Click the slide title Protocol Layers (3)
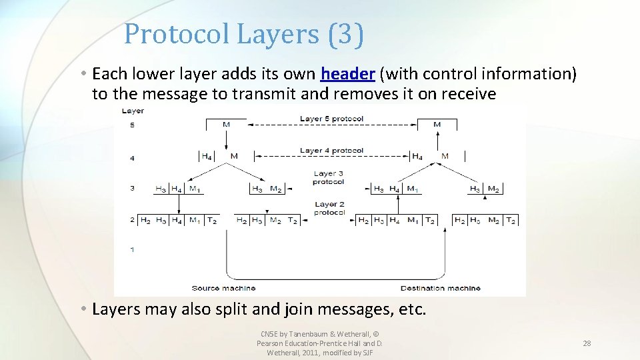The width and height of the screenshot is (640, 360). tap(244, 34)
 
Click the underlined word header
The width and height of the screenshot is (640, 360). tap(347, 73)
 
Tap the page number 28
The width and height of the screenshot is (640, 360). tap(587, 343)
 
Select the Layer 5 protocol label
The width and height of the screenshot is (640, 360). tap(331, 119)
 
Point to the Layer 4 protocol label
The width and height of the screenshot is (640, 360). tap(331, 151)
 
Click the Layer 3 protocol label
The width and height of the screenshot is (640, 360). tap(329, 178)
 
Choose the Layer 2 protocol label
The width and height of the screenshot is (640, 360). tap(329, 209)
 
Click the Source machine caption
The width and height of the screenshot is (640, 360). tap(223, 288)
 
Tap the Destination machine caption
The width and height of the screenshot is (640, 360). tap(440, 288)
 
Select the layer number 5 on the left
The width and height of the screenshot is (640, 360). tap(132, 125)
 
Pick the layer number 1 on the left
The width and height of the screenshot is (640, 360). tap(132, 249)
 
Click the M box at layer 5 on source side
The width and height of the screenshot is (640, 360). tap(227, 124)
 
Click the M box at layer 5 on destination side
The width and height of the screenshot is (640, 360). tap(437, 124)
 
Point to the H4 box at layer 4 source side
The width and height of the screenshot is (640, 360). tap(207, 157)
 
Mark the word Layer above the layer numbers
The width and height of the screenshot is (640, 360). tap(133, 111)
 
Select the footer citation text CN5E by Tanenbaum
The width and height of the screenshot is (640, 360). tap(319, 334)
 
